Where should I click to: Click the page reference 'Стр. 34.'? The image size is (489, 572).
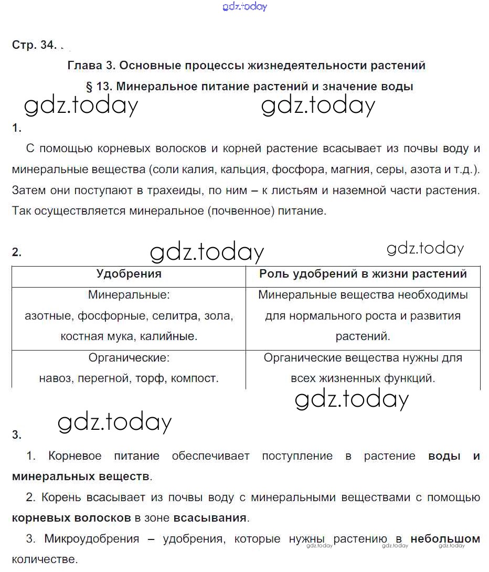pyautogui.click(x=34, y=45)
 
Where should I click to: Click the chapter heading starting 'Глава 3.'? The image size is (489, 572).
pyautogui.click(x=246, y=66)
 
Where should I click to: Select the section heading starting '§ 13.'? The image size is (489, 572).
pyautogui.click(x=249, y=87)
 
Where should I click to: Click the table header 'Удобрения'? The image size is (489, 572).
pyautogui.click(x=129, y=273)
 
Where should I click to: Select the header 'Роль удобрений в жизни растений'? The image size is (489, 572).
pyautogui.click(x=363, y=273)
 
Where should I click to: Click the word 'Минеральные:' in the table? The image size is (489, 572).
pyautogui.click(x=129, y=295)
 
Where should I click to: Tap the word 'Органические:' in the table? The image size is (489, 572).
pyautogui.click(x=129, y=358)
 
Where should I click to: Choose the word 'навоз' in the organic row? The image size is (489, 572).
pyautogui.click(x=54, y=378)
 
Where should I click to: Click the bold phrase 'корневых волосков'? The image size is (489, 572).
pyautogui.click(x=71, y=518)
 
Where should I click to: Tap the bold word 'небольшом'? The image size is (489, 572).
pyautogui.click(x=445, y=539)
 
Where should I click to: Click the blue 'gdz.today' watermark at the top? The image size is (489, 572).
pyautogui.click(x=244, y=7)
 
